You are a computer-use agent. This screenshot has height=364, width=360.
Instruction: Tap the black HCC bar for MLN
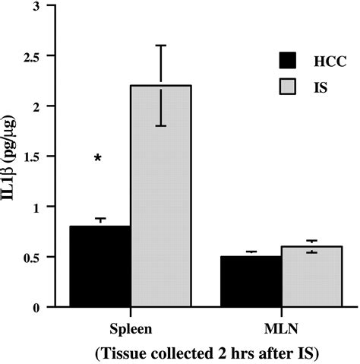tap(251, 281)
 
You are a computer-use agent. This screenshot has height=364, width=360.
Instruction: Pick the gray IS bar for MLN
tap(311, 277)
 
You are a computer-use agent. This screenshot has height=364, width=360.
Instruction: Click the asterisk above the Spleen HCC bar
tap(99, 159)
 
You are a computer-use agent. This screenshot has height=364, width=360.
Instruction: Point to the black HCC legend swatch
tap(289, 59)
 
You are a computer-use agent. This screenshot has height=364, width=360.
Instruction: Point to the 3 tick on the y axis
tap(49, 6)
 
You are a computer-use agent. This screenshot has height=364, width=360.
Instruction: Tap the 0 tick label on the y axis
tap(49, 307)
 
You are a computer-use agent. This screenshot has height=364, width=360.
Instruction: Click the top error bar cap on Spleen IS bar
tap(161, 45)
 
